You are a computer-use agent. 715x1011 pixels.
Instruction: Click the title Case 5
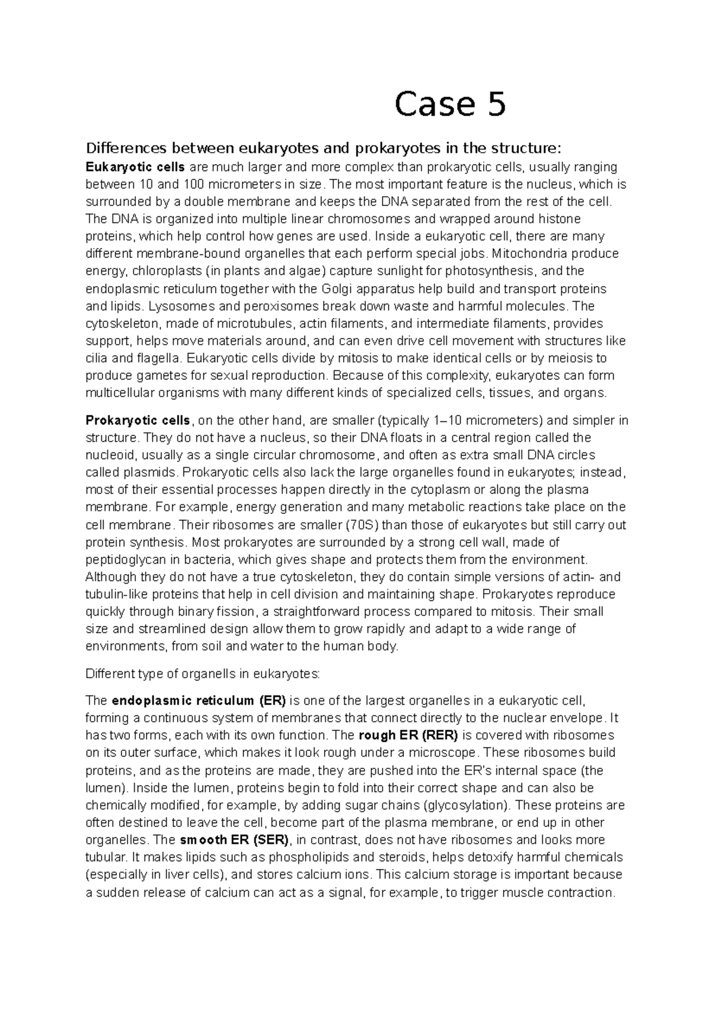(x=450, y=104)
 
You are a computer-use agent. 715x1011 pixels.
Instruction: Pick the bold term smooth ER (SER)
(x=234, y=840)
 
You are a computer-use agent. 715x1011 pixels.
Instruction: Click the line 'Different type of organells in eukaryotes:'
(x=203, y=674)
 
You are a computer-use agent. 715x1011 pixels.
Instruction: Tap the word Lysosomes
(x=176, y=306)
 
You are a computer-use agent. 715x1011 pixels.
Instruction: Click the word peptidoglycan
(x=122, y=560)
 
